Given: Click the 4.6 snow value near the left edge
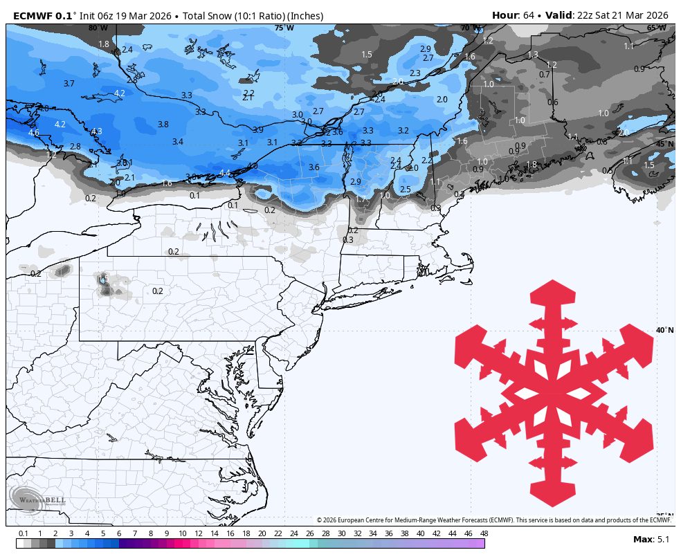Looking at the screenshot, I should (34, 132).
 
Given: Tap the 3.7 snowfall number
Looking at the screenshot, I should (69, 84).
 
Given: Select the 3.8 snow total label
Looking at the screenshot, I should (163, 125).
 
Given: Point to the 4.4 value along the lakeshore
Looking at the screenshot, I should (225, 173).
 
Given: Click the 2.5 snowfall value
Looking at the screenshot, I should (406, 190).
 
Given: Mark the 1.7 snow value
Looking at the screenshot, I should (361, 199).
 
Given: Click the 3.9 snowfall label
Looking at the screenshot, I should (258, 130).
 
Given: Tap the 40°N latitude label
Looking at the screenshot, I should (664, 330).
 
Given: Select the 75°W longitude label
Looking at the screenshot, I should (284, 28).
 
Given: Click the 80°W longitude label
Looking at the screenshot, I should (98, 28).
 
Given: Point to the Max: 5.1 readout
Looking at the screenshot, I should (651, 539).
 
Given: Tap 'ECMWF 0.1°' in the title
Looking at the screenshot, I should (46, 15).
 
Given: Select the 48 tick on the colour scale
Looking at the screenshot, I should (484, 533).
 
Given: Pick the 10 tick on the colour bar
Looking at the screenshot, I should (182, 533).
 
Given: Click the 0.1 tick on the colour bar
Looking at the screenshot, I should (24, 533).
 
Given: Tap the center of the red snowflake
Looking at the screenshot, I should (554, 392).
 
